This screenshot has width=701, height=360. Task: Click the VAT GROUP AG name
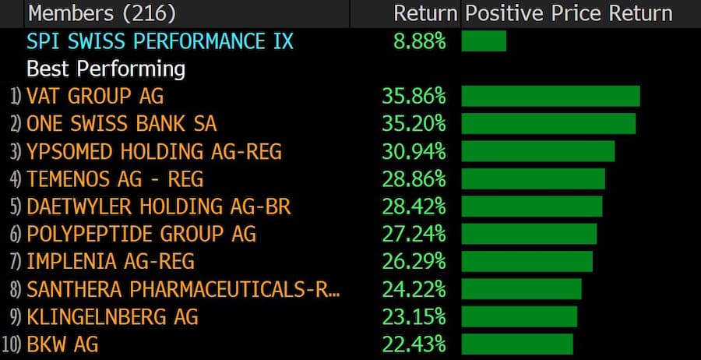pyautogui.click(x=95, y=97)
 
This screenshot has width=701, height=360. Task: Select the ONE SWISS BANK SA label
pyautogui.click(x=122, y=124)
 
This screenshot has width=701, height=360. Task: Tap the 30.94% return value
pyautogui.click(x=414, y=151)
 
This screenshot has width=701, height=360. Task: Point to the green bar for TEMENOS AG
pyautogui.click(x=533, y=178)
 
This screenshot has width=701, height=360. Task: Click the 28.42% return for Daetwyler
pyautogui.click(x=414, y=206)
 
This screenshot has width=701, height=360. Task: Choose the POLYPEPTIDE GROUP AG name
pyautogui.click(x=141, y=234)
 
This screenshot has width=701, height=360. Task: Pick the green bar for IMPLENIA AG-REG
pyautogui.click(x=527, y=261)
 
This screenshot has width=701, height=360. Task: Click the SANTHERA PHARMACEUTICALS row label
pyautogui.click(x=183, y=289)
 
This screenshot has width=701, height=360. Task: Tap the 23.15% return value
pyautogui.click(x=414, y=316)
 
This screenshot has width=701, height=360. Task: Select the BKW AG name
pyautogui.click(x=62, y=344)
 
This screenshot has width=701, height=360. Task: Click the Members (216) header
pyautogui.click(x=101, y=13)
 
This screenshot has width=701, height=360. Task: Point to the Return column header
pyautogui.click(x=424, y=13)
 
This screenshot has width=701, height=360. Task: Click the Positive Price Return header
pyautogui.click(x=569, y=13)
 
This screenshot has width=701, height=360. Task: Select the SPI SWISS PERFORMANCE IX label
pyautogui.click(x=160, y=41)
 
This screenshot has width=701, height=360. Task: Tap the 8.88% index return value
pyautogui.click(x=419, y=41)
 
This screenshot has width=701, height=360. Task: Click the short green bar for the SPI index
pyautogui.click(x=484, y=41)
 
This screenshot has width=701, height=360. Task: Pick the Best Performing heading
pyautogui.click(x=106, y=69)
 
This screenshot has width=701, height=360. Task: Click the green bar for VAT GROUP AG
pyautogui.click(x=550, y=97)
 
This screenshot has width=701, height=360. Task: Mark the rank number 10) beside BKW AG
pyautogui.click(x=12, y=344)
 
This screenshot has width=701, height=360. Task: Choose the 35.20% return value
pyautogui.click(x=414, y=124)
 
